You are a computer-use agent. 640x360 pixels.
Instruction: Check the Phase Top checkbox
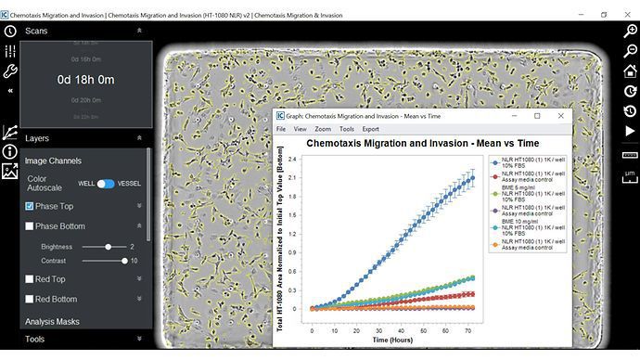pyautogui.click(x=30, y=206)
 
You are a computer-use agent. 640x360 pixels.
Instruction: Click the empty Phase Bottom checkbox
pyautogui.click(x=30, y=226)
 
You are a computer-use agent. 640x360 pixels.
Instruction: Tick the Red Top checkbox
pyautogui.click(x=30, y=278)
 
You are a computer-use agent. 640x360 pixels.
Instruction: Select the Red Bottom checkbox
pyautogui.click(x=30, y=299)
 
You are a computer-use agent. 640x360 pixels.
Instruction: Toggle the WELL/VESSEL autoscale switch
pyautogui.click(x=106, y=184)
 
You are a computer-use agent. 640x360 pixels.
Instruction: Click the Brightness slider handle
pyautogui.click(x=109, y=247)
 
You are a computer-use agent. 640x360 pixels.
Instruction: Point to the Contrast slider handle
pyautogui.click(x=124, y=261)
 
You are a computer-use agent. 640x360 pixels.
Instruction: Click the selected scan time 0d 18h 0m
pyautogui.click(x=85, y=80)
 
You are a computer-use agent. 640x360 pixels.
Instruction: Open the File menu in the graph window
pyautogui.click(x=281, y=129)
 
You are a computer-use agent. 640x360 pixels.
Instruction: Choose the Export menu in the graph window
pyautogui.click(x=370, y=129)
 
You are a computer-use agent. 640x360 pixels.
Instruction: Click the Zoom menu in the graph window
pyautogui.click(x=322, y=129)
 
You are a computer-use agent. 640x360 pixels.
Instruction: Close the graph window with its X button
pyautogui.click(x=560, y=116)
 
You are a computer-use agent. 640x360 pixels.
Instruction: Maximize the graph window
pyautogui.click(x=537, y=116)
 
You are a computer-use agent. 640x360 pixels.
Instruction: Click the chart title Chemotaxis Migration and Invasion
pyautogui.click(x=422, y=145)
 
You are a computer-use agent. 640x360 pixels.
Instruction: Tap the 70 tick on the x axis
pyautogui.click(x=469, y=331)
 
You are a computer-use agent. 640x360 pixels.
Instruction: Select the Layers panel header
pyautogui.click(x=45, y=138)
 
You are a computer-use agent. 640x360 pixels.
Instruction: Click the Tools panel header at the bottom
pyautogui.click(x=35, y=340)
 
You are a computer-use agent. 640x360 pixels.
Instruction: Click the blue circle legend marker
pyautogui.click(x=494, y=161)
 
